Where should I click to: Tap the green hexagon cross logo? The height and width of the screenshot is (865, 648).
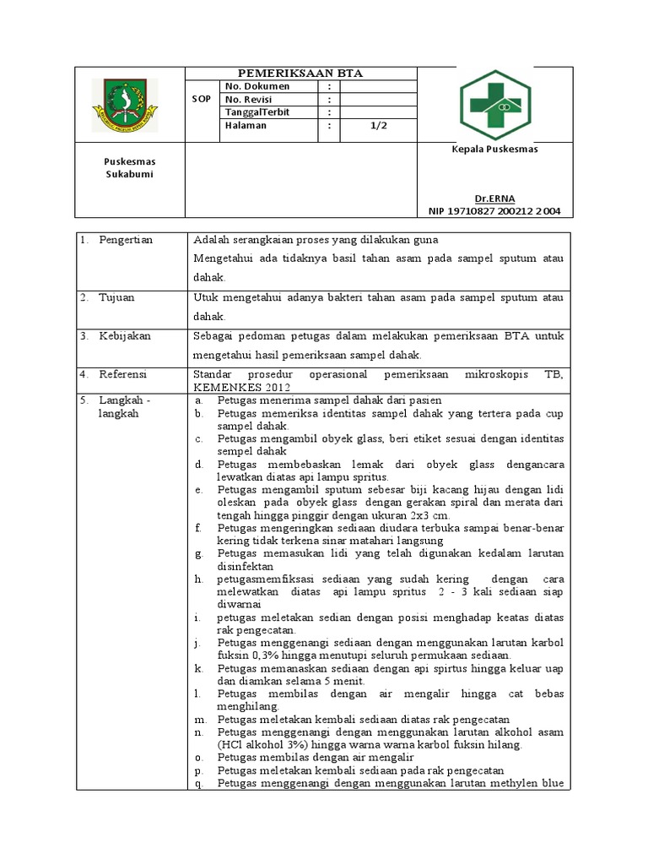[495, 106]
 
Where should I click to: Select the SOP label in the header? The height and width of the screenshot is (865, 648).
[202, 100]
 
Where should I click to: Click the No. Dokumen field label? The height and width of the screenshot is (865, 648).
[257, 86]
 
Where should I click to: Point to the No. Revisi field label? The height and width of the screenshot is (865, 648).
[251, 100]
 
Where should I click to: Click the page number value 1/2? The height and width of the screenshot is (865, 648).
[377, 126]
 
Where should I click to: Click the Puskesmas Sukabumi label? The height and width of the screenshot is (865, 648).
[129, 167]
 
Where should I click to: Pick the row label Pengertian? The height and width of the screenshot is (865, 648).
[126, 240]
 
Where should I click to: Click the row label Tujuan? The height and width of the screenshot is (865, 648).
[118, 297]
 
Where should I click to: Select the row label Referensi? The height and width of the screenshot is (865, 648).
[123, 373]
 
